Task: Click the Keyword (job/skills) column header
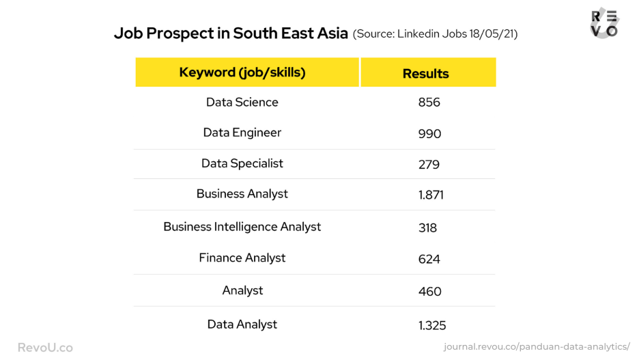(x=242, y=72)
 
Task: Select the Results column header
(x=425, y=74)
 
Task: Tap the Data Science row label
(x=242, y=102)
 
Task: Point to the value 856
(x=429, y=102)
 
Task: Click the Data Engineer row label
(x=242, y=133)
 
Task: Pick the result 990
(x=429, y=134)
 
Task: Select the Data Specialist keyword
(x=242, y=163)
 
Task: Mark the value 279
(x=429, y=165)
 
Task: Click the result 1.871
(x=431, y=195)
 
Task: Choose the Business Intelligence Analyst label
(x=242, y=227)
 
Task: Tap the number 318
(x=427, y=228)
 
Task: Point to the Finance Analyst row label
(x=242, y=258)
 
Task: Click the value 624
(x=429, y=260)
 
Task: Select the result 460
(x=429, y=292)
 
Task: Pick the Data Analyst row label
(x=242, y=324)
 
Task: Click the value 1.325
(x=432, y=326)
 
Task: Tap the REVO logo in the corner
(x=604, y=23)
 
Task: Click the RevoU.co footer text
(x=45, y=348)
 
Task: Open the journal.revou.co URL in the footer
(x=537, y=347)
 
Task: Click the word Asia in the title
(x=332, y=33)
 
